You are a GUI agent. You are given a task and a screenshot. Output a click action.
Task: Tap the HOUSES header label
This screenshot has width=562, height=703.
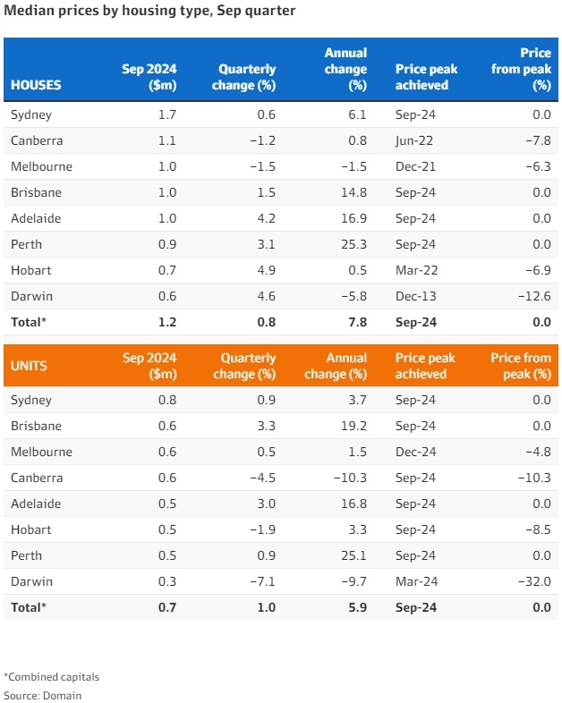(36, 86)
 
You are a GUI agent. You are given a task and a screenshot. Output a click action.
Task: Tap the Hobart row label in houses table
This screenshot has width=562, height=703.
(30, 270)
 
